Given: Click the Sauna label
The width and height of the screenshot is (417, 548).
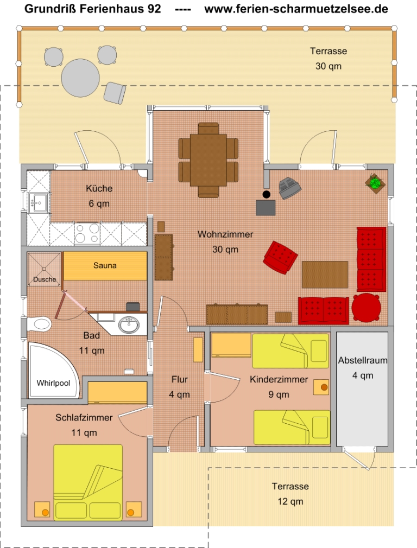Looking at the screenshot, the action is [105, 265].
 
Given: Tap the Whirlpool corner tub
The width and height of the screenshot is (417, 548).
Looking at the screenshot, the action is [53, 371].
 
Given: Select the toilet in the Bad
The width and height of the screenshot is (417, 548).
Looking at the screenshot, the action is [40, 324].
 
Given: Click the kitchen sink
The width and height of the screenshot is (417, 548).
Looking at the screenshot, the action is [39, 203].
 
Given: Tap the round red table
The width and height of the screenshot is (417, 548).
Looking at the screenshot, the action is [367, 308].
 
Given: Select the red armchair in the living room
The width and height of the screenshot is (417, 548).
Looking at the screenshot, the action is [280, 257].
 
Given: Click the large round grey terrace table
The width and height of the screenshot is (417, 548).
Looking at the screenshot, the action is [80, 78].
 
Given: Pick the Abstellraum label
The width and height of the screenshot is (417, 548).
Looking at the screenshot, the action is [362, 360].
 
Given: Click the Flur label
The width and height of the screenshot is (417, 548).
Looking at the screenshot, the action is [180, 379].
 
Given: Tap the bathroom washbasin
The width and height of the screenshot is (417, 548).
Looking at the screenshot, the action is [128, 324].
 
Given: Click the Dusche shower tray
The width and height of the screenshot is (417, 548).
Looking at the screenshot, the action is [44, 269].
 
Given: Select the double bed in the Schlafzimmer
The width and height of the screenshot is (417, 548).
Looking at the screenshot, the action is [88, 482].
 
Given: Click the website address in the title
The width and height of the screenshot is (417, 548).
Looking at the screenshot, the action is [296, 9].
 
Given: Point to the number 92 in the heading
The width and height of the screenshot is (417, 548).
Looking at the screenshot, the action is [154, 9].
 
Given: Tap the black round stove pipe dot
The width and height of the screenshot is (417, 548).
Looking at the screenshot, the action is [267, 195].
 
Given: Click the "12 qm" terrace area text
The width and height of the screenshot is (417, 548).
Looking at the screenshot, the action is [290, 501].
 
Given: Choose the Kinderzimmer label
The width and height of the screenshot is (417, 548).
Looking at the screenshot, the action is [279, 379].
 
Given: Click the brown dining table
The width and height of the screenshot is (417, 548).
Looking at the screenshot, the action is [208, 160].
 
